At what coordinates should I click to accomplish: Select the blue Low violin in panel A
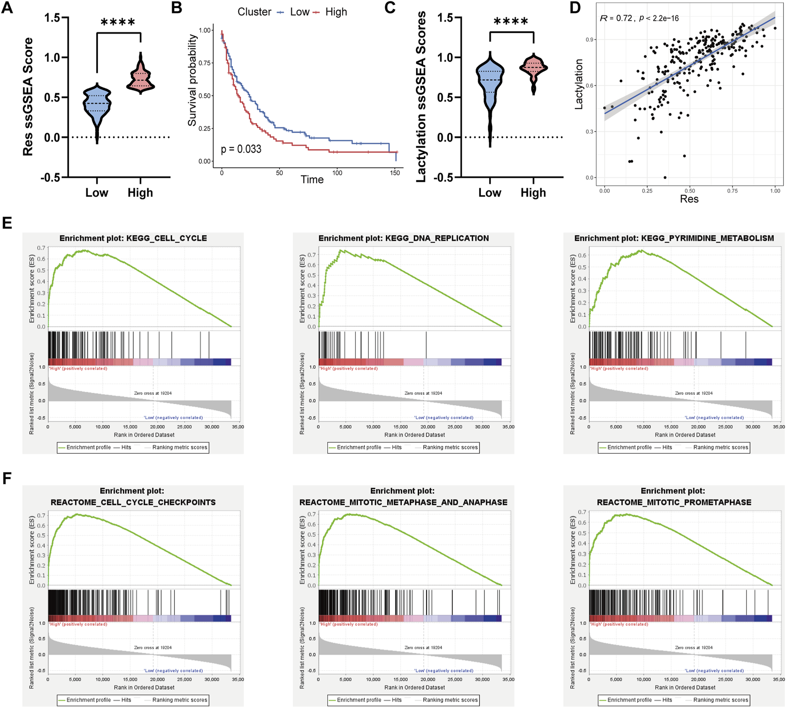97,105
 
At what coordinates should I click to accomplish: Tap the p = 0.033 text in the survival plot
241,149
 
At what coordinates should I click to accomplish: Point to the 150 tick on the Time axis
395,173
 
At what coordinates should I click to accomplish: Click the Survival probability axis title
192,81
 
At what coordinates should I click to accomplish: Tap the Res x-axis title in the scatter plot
689,199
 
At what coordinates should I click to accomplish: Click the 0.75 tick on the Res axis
732,190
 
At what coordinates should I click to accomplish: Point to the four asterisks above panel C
511,21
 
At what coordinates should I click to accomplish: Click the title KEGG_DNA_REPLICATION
404,238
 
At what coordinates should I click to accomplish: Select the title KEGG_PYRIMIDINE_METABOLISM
674,238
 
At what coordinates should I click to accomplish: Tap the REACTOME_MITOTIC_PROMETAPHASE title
674,502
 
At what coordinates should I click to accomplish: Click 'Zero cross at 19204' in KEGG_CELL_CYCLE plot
153,393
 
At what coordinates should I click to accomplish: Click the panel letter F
6,479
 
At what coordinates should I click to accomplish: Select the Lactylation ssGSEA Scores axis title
421,97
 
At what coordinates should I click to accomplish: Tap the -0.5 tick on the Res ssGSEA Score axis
52,177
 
